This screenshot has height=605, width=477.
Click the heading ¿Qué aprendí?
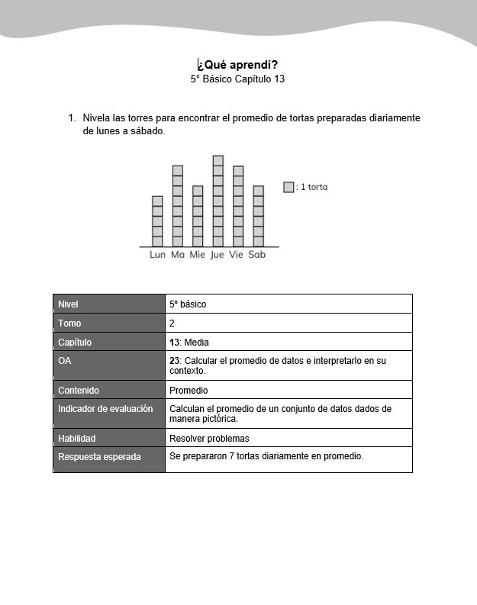pyautogui.click(x=237, y=64)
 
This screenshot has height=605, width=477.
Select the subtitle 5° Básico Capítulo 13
pyautogui.click(x=237, y=79)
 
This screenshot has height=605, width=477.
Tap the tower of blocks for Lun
pyautogui.click(x=157, y=221)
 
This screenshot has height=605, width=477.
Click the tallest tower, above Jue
pyautogui.click(x=218, y=201)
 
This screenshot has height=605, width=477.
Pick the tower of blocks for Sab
pyautogui.click(x=258, y=216)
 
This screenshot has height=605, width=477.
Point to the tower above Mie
pyautogui.click(x=198, y=216)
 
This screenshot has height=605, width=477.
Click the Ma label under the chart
pyautogui.click(x=178, y=255)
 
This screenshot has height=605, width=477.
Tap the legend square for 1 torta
pyautogui.click(x=288, y=187)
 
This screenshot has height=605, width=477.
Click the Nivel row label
pyautogui.click(x=69, y=304)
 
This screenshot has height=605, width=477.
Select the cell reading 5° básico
pyautogui.click(x=188, y=304)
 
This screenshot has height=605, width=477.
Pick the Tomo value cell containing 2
pyautogui.click(x=172, y=323)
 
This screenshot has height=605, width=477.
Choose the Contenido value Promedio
pyautogui.click(x=189, y=391)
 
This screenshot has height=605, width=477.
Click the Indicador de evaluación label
pyautogui.click(x=105, y=409)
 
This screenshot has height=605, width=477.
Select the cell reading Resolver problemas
pyautogui.click(x=209, y=439)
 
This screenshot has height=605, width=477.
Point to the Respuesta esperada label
pyautogui.click(x=99, y=457)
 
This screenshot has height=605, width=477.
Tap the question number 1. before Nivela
pyautogui.click(x=72, y=118)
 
